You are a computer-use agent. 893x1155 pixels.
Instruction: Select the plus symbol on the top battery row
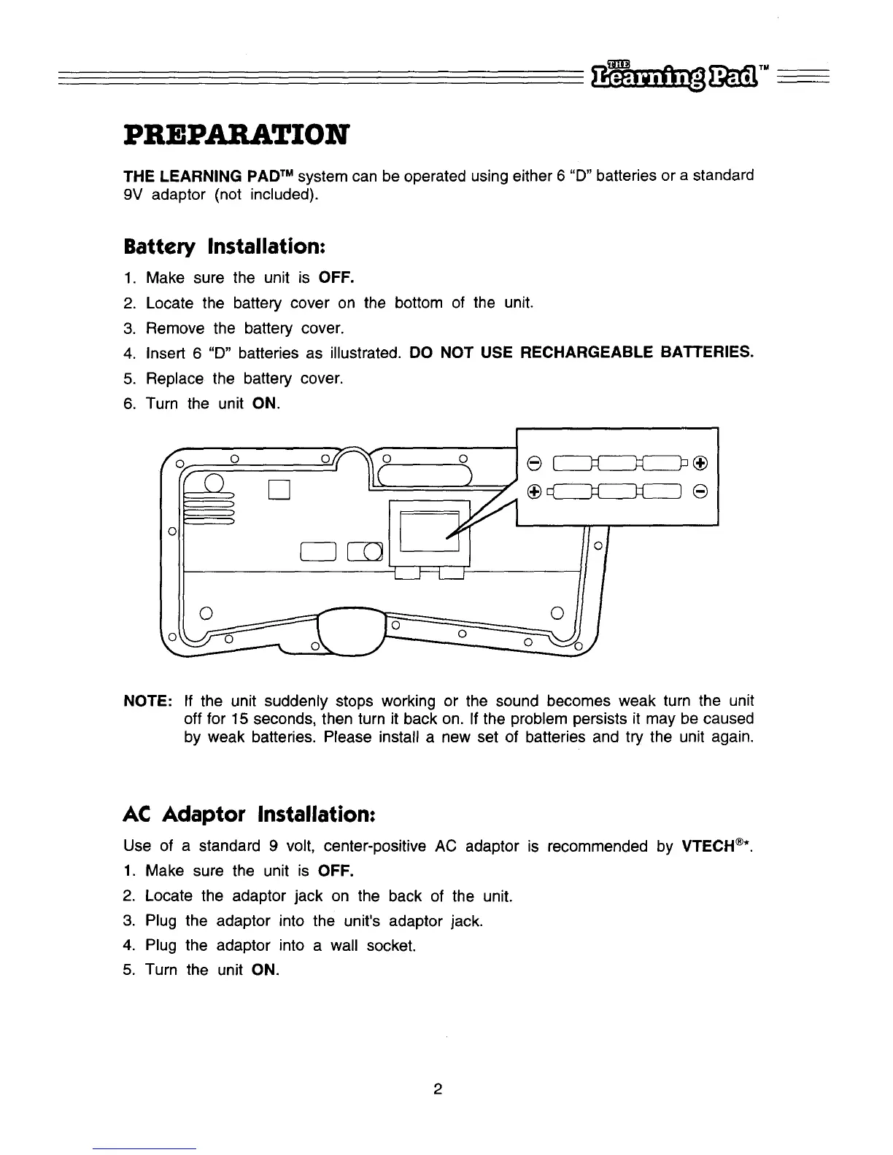pos(700,463)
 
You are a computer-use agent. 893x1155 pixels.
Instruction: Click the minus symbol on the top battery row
pos(534,463)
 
